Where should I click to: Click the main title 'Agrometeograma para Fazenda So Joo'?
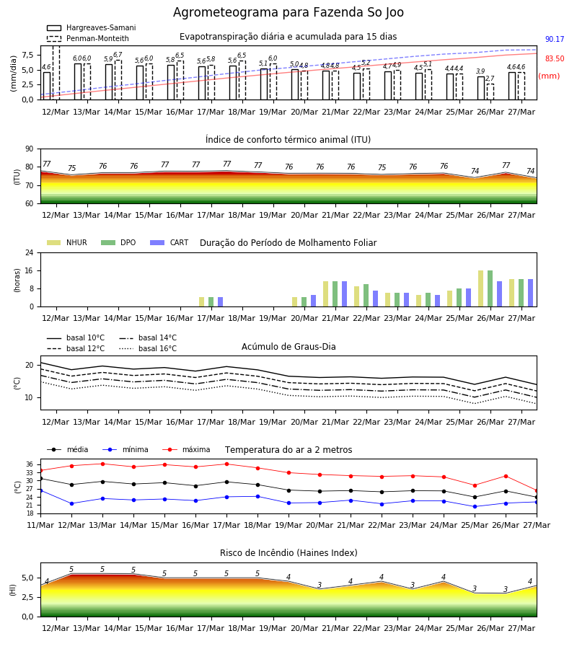coord(288,12)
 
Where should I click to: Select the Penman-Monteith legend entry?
coord(88,38)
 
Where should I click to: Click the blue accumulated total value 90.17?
coord(555,40)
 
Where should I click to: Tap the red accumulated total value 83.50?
coord(555,59)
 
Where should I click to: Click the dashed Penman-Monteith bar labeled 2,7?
coord(490,92)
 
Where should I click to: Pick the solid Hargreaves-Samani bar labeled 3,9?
coord(481,88)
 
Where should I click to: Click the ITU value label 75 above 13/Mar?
coord(72,169)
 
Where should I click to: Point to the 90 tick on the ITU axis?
coord(30,149)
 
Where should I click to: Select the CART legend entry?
coord(169,242)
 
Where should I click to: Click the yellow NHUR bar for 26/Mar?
coord(481,288)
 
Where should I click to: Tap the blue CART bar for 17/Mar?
coord(220,302)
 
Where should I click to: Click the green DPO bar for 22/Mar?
coord(366,296)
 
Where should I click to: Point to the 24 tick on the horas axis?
coord(30,252)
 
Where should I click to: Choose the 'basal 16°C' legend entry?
coord(148,348)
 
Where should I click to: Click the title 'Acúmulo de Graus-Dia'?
coord(288,347)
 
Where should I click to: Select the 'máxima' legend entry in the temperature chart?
coord(186,449)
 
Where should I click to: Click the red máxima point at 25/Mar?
coord(475,485)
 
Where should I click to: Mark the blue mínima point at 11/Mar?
coord(40,491)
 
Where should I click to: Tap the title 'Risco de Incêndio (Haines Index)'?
coord(288,553)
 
